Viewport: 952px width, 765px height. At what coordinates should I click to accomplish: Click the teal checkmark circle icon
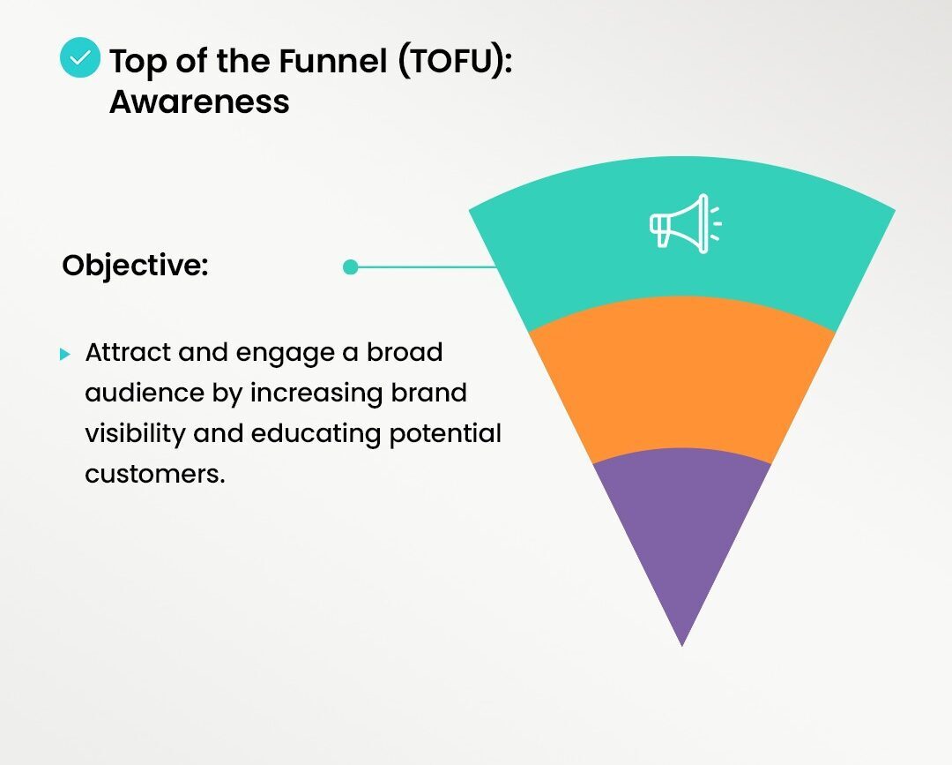(80, 58)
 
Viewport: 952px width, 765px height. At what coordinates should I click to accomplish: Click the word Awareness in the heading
(199, 101)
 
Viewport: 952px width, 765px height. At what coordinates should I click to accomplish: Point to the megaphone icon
(684, 223)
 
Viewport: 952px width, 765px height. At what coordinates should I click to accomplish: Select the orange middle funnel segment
(681, 379)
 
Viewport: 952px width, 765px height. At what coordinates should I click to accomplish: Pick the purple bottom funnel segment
(681, 529)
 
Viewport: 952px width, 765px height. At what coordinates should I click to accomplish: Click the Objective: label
(135, 266)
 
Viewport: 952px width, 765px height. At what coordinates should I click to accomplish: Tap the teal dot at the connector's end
(350, 266)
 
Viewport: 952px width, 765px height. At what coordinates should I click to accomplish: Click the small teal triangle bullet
(64, 354)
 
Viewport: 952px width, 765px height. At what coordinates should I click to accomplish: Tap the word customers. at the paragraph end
(155, 474)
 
